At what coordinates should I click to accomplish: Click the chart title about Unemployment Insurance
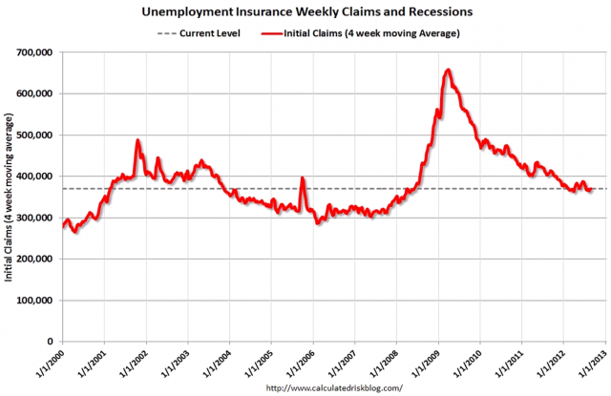pos(305,13)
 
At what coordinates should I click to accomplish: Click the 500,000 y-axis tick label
pos(34,135)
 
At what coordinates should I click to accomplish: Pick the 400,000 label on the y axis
pos(34,176)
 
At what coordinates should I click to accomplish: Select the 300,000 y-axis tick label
pos(34,218)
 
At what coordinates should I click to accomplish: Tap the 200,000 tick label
pos(34,259)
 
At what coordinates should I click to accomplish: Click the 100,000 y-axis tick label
pos(34,300)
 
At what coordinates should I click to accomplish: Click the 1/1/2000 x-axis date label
pos(50,365)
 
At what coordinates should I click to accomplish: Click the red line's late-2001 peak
pos(137,140)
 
